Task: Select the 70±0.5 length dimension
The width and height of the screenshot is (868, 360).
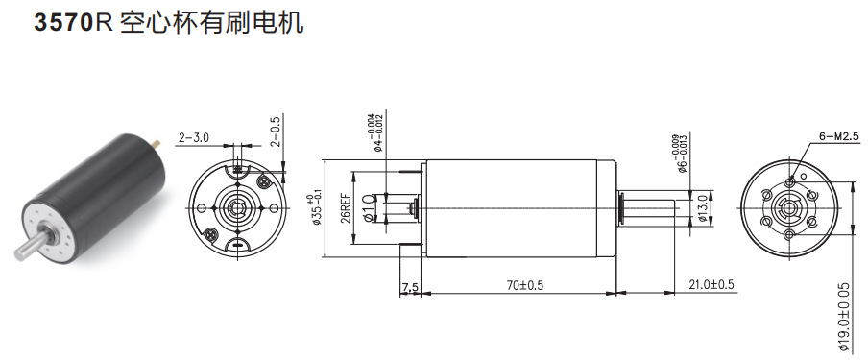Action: pos(518,285)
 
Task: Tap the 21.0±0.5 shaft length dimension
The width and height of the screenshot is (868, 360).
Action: pos(711,285)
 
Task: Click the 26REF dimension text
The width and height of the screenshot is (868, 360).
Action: pos(343,205)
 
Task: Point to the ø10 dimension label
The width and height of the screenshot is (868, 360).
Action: pos(369,206)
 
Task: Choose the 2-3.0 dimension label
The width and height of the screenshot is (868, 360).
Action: pos(193,138)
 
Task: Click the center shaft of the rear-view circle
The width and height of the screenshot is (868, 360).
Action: pos(234,205)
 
